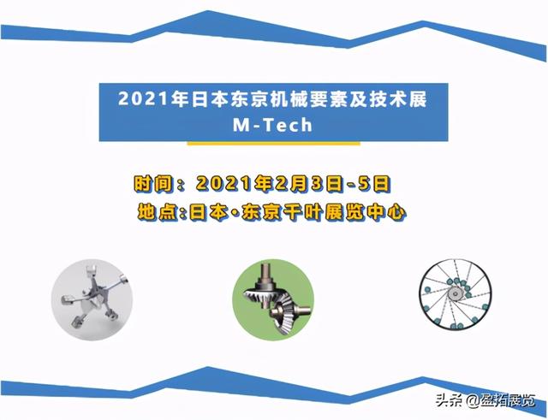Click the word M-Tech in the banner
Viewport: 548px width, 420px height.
(273, 122)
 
